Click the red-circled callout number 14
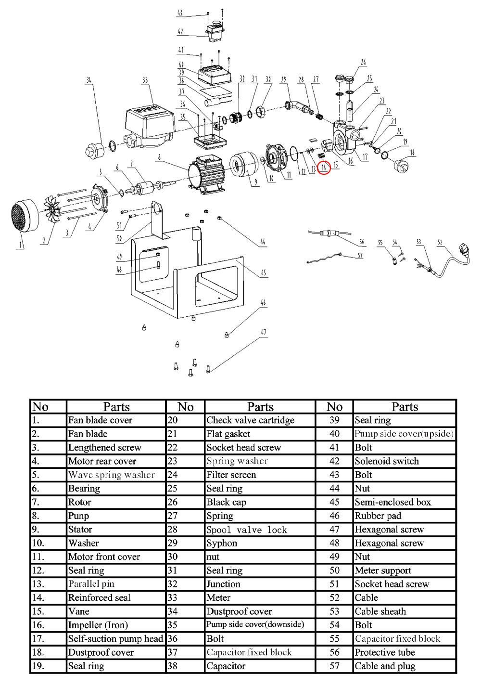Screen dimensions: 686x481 324,168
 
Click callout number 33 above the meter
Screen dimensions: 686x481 145,80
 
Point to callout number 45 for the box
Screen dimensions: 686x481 263,273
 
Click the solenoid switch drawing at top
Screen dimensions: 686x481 215,29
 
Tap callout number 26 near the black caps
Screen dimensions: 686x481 363,62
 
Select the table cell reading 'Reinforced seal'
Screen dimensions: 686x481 99,597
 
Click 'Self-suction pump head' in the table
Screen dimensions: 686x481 115,639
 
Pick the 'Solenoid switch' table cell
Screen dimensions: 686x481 387,461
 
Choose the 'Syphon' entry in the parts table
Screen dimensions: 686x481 222,543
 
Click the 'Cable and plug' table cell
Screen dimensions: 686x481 385,666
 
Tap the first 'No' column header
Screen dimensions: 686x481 40,407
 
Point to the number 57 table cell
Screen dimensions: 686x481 334,666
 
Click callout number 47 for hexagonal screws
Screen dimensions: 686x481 263,332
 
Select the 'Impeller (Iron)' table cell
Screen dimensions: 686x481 98,625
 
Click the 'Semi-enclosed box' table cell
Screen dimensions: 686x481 393,502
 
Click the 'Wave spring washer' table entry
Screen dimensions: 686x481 112,475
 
